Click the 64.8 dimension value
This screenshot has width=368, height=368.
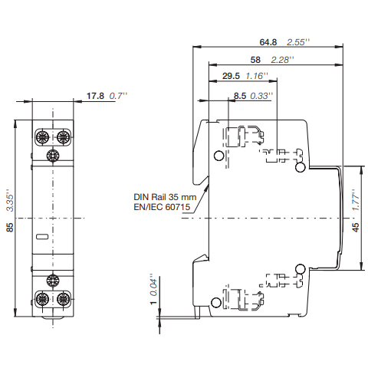coord(268,42)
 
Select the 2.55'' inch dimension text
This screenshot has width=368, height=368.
coord(298,42)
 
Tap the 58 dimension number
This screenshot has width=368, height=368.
coord(255,60)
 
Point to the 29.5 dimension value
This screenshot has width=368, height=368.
coord(231,76)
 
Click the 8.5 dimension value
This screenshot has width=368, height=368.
coord(240,96)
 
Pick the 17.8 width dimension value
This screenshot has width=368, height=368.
coord(95,96)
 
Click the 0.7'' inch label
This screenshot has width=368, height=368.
coord(118,96)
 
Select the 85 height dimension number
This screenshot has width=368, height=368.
coord(10,227)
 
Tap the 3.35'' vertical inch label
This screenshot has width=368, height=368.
coord(10,200)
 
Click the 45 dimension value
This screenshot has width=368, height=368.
coord(356,227)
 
